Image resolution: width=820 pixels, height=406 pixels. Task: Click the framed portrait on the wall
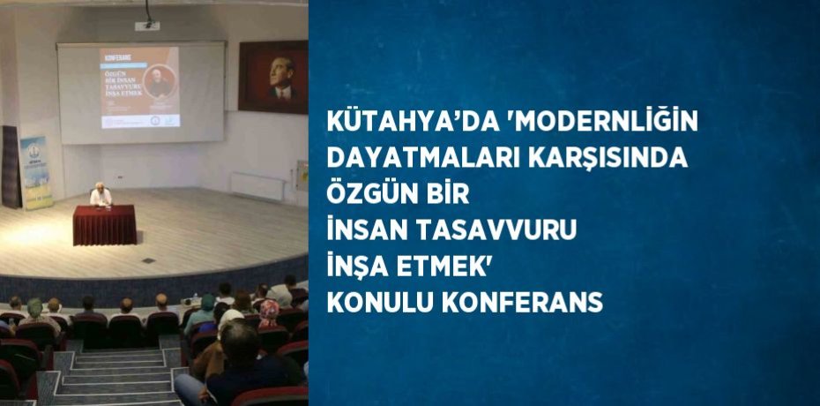click(x=272, y=78)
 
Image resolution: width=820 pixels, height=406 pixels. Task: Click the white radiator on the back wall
click(x=257, y=185)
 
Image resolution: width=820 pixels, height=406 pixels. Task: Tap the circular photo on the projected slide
click(x=160, y=81)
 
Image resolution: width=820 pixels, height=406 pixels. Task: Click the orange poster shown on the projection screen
click(x=139, y=88)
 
